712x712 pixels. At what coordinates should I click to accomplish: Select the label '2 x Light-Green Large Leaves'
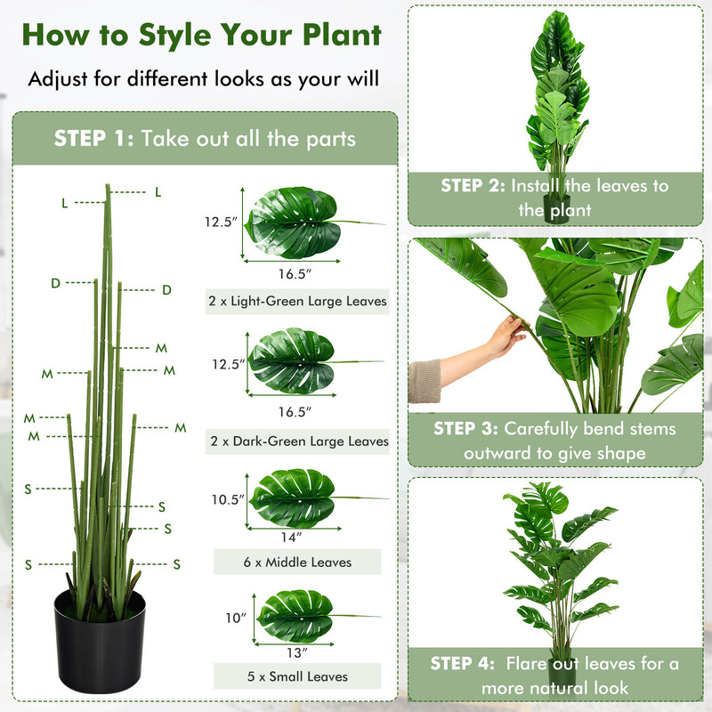tap(297, 302)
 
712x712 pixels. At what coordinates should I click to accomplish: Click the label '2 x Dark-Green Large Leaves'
tap(298, 441)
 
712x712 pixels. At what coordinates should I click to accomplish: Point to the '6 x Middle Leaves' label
tap(297, 562)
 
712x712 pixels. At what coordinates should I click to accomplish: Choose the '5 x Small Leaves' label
tap(297, 676)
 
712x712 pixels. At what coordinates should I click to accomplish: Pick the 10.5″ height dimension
tap(227, 499)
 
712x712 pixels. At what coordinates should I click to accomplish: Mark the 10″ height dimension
tap(234, 617)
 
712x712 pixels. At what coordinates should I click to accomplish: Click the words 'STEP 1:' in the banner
tap(93, 138)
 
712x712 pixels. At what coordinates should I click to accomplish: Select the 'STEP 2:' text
tap(473, 186)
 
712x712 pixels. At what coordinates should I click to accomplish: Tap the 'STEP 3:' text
tap(466, 429)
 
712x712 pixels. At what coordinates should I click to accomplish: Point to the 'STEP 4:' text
tap(463, 664)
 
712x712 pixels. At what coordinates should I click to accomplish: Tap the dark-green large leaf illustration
tap(292, 361)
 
